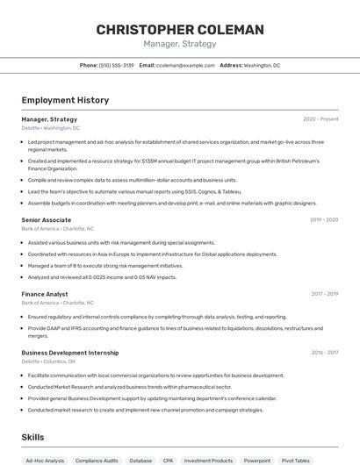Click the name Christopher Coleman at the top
(180, 30)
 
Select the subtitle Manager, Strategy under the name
(180, 44)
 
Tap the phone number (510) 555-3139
(116, 65)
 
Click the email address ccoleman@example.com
(185, 65)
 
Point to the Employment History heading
(65, 100)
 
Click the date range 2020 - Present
(320, 118)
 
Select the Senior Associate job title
(47, 220)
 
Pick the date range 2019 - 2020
(324, 220)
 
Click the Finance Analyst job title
(45, 295)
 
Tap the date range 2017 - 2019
(324, 295)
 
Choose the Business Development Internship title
(70, 353)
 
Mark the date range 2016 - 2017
(324, 353)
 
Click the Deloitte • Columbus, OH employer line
(48, 361)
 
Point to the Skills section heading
(33, 436)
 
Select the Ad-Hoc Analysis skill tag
(45, 460)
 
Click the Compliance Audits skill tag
(96, 460)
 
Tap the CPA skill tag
(168, 460)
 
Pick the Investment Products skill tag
(209, 460)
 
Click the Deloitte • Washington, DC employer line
(51, 127)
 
